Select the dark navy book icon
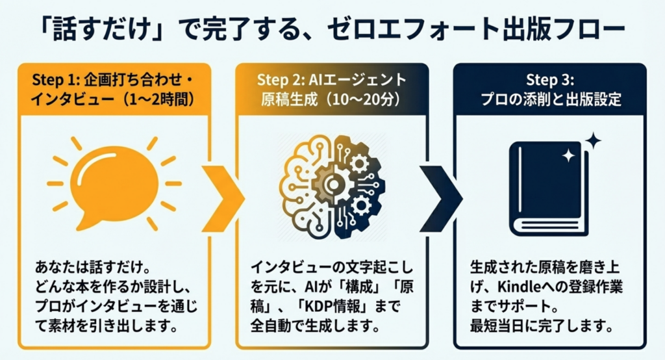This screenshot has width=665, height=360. pos(549,188)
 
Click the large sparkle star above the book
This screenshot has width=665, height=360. pos(592,141)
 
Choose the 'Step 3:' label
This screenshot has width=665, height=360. pos(549,81)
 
